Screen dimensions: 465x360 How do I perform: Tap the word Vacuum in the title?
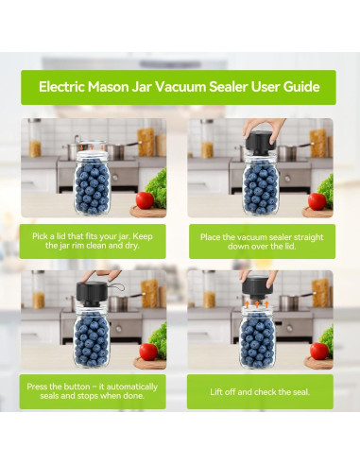(x=197, y=87)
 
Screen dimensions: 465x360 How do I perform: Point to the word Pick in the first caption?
(x=43, y=234)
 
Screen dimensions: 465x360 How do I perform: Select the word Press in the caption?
(x=41, y=386)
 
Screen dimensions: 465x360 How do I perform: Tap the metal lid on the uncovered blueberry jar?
(x=93, y=147)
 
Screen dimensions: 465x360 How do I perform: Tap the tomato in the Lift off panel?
(x=318, y=351)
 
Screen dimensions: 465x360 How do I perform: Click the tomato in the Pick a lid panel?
(x=144, y=199)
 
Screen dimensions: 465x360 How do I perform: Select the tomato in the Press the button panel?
(x=149, y=352)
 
